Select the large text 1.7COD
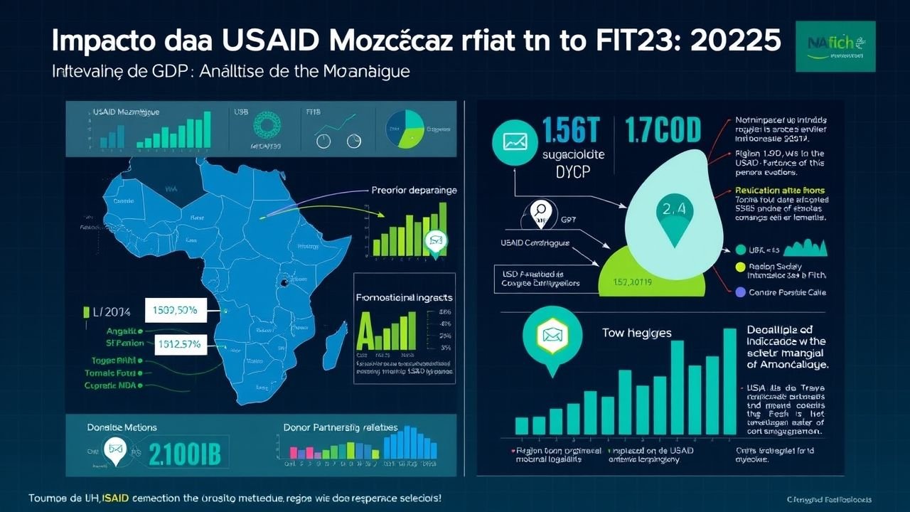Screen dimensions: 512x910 [663, 131]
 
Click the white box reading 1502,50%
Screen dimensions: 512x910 [174, 310]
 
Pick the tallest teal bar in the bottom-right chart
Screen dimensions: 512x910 [729, 381]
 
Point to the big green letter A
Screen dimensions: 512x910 [365, 333]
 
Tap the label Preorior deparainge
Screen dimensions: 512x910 [414, 191]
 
